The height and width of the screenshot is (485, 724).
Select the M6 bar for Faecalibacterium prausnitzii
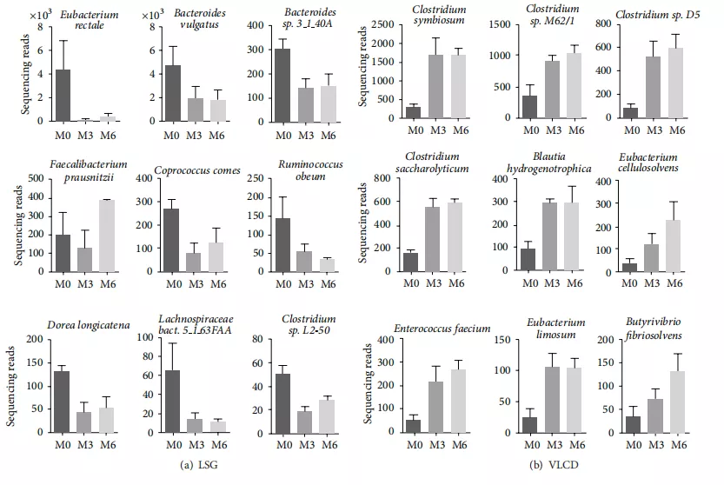click(107, 236)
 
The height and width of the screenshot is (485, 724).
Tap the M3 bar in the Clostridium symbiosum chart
click(436, 86)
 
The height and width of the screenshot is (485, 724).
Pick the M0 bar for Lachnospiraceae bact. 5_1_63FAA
click(173, 402)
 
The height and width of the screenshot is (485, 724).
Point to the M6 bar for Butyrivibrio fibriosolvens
click(677, 402)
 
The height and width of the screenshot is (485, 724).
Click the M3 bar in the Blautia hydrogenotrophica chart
click(549, 236)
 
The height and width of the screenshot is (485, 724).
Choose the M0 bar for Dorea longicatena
click(62, 402)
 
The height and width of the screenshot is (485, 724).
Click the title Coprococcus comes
click(197, 170)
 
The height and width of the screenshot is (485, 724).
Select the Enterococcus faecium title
click(442, 329)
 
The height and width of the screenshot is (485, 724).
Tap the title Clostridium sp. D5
click(657, 15)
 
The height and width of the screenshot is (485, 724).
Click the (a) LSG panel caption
click(198, 465)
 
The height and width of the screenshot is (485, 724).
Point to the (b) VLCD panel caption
click(554, 465)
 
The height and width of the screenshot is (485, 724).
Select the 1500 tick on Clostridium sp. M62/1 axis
click(500, 24)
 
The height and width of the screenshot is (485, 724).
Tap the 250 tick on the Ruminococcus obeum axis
click(256, 178)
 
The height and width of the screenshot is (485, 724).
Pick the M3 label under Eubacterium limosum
click(555, 445)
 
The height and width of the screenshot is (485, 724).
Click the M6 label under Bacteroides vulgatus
click(216, 136)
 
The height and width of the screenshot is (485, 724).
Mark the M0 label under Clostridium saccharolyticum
click(411, 283)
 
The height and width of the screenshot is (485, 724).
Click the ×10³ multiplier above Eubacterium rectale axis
click(41, 15)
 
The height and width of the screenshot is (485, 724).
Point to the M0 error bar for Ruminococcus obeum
click(282, 208)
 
